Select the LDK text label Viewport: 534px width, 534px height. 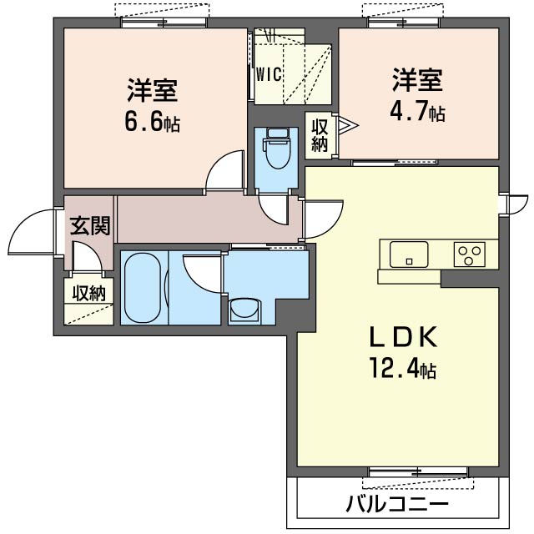pos(405,337)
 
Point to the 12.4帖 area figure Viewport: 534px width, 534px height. pos(405,368)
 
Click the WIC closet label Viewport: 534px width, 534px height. pos(268,74)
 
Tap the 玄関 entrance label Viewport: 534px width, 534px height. pos(89,224)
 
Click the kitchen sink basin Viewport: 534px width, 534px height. pos(408,253)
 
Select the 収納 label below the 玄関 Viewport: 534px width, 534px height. pos(88,293)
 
